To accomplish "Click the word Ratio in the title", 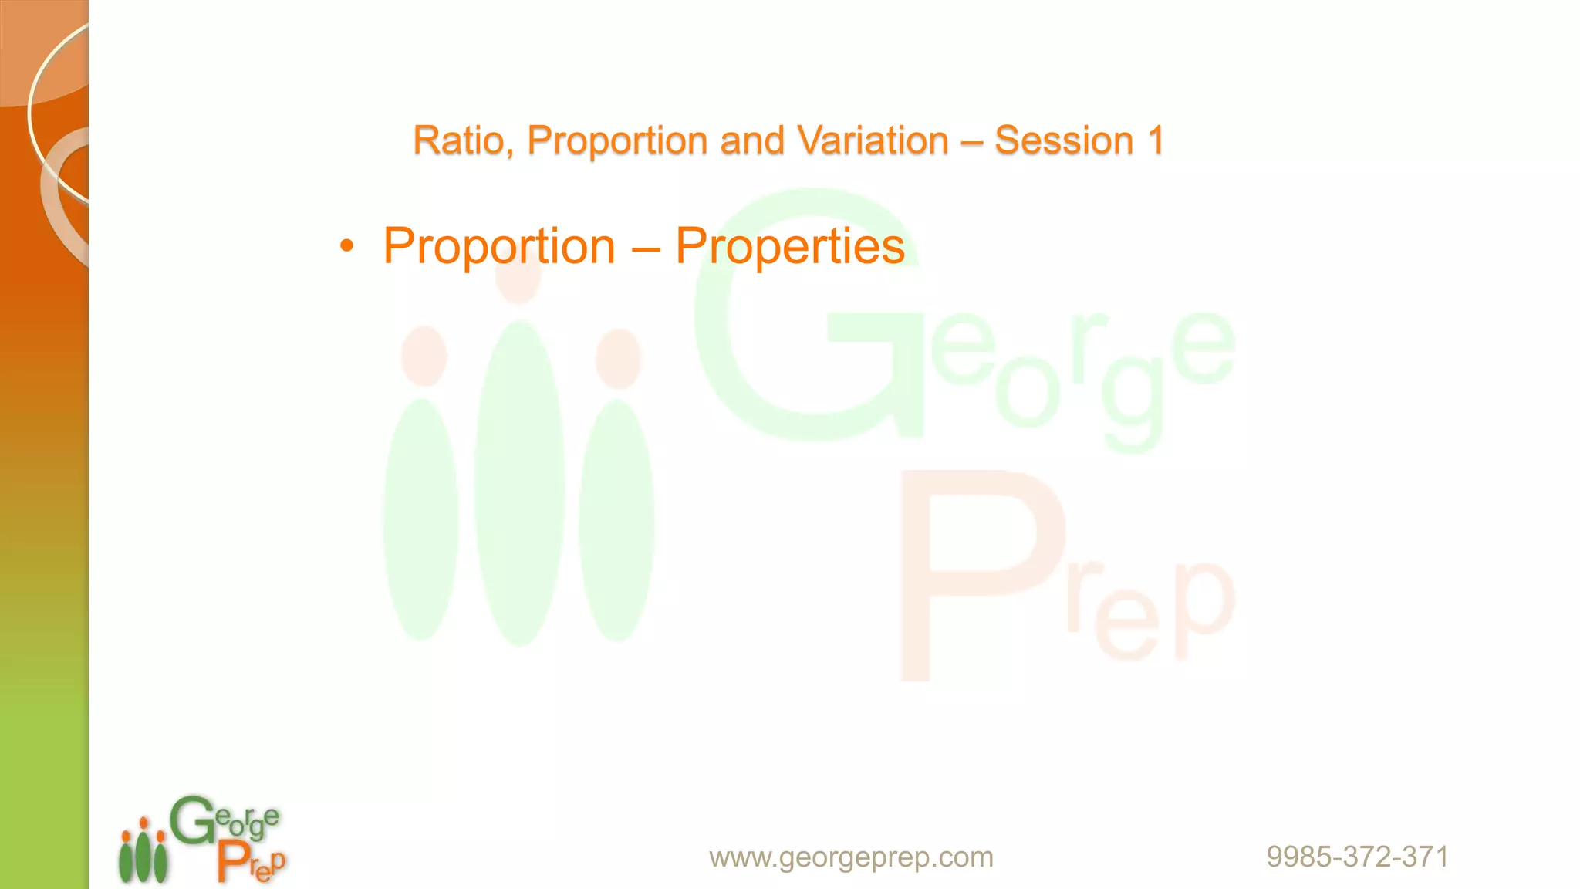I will point(458,141).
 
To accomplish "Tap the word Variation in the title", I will point(873,141).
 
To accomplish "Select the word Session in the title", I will point(1064,141).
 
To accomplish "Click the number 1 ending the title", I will point(1155,141).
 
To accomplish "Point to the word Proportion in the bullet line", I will point(499,247).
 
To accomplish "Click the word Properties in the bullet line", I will point(790,247).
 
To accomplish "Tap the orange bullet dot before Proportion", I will point(347,247).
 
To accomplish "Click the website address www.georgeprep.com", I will point(851,857).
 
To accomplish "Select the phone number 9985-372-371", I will point(1357,857).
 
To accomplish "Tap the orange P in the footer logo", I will point(232,861).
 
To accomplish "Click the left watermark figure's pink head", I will point(424,356).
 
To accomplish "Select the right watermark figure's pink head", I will point(618,358).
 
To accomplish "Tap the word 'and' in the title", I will point(752,141).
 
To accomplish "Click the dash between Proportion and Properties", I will point(645,248).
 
